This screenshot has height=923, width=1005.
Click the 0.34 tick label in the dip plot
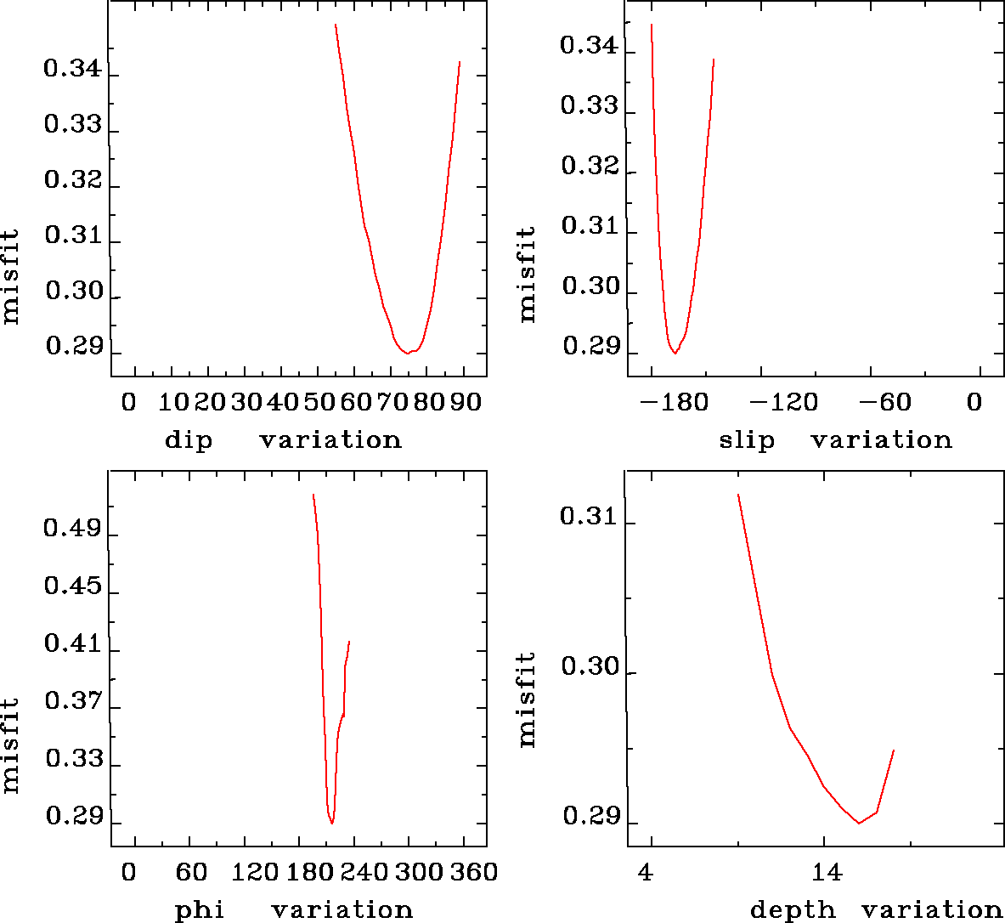(x=72, y=69)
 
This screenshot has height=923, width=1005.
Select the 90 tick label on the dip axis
(x=466, y=402)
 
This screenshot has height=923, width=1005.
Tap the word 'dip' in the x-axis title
(x=189, y=440)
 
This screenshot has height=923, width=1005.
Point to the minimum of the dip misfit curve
(x=409, y=353)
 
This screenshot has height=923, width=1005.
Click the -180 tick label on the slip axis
(x=677, y=402)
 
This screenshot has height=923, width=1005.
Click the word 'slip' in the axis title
(x=747, y=440)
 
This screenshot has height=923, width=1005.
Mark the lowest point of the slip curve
(x=675, y=353)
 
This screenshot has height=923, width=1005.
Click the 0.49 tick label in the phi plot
(x=72, y=529)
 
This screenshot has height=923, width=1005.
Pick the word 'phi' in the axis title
(x=200, y=910)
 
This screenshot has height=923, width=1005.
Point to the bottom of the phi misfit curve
(x=332, y=823)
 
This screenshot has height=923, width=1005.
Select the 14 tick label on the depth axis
(x=826, y=872)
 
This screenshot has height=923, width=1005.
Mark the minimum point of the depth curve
(x=859, y=823)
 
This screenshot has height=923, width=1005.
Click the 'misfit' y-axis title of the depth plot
(x=528, y=699)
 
